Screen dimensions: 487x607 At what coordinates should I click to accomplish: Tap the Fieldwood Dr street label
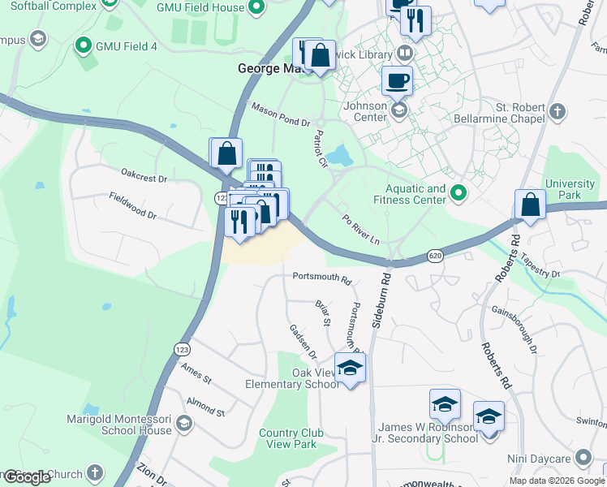tap(133, 205)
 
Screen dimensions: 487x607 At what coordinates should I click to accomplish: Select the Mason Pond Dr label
tap(280, 114)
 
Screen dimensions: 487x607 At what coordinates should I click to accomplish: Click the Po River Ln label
tap(360, 230)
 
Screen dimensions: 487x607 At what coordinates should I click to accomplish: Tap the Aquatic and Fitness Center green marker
tap(458, 193)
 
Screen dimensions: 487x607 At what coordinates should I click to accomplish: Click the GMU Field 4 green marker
tap(82, 45)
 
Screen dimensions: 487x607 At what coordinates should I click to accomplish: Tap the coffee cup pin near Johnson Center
tap(397, 80)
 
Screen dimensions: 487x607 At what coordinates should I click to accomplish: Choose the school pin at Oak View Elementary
tap(351, 368)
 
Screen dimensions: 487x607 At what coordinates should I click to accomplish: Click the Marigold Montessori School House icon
tap(184, 423)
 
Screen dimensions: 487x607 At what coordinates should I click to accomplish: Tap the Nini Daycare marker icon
tap(582, 458)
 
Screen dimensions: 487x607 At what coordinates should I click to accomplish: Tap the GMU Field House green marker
tap(257, 9)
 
